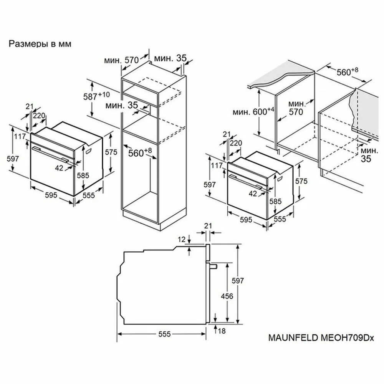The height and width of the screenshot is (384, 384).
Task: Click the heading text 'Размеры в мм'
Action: coord(40,44)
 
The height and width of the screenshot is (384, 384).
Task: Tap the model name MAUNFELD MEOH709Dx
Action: coord(321,338)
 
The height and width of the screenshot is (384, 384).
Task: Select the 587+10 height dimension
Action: coord(96,96)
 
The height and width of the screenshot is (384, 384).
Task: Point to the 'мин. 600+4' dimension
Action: coord(253,111)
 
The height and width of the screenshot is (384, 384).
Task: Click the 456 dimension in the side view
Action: coord(227,296)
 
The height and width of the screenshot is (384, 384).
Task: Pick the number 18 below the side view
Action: coord(222,331)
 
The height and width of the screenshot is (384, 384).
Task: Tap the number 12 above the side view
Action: coord(182,239)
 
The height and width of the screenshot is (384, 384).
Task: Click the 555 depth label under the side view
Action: coord(164,334)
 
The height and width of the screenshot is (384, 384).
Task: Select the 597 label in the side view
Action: coord(238,280)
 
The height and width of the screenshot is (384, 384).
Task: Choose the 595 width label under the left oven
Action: coord(51,195)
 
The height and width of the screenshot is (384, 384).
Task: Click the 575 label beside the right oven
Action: coord(301,181)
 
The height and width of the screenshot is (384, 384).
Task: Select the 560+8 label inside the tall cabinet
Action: coord(140,152)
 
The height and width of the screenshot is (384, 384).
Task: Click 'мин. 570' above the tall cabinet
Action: coord(121,60)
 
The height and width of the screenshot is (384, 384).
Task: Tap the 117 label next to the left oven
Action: coord(20,136)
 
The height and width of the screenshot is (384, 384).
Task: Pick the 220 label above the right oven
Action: coord(236,143)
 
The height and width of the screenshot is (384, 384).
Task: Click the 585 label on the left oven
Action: coord(83,175)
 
